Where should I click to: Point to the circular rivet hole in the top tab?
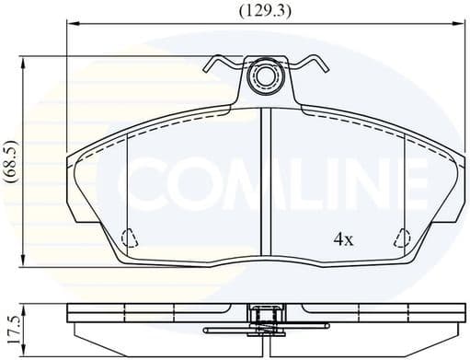pos(266,76)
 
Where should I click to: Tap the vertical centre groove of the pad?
pos(265,184)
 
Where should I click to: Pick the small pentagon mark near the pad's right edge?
pos(402,239)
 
